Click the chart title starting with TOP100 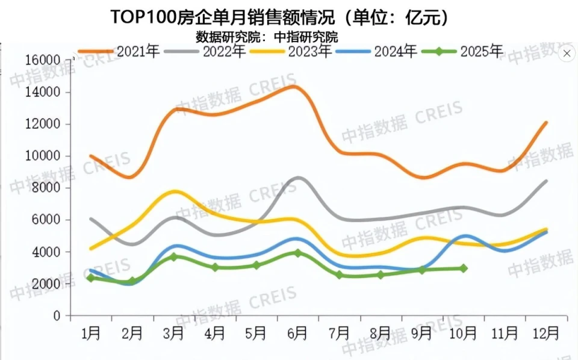click(x=280, y=17)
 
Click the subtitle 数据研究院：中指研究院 click(x=267, y=36)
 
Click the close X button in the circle click(x=566, y=54)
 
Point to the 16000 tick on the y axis click(x=43, y=60)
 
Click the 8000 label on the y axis click(x=48, y=188)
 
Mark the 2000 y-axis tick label click(x=48, y=284)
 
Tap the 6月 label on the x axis click(x=297, y=332)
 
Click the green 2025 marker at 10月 click(x=463, y=268)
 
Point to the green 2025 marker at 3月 click(x=173, y=256)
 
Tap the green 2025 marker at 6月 click(x=297, y=253)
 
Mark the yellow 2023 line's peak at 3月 click(x=175, y=191)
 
